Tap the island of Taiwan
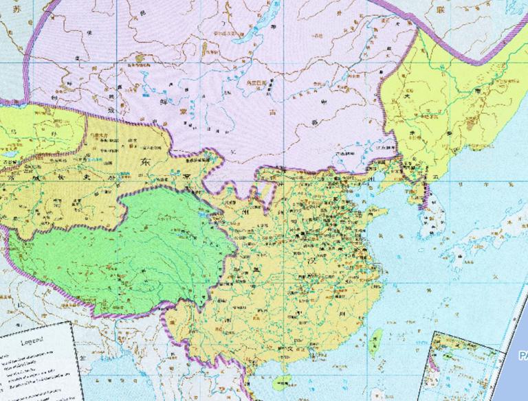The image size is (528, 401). (376, 340)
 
